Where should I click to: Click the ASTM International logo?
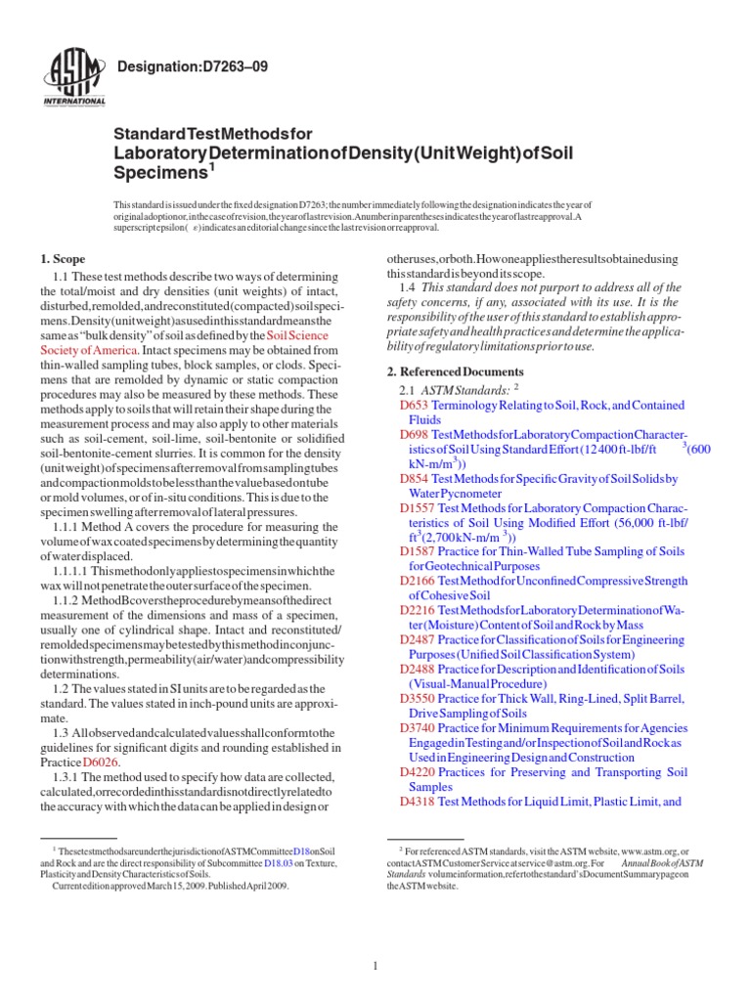coord(75,77)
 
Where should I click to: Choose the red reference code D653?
coord(415,405)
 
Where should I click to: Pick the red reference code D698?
coord(415,433)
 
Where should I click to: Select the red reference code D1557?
coord(419,508)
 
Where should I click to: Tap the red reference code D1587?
coord(419,552)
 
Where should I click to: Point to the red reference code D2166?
coord(419,581)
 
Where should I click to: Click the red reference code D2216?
coord(419,611)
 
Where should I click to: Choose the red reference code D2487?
coord(419,640)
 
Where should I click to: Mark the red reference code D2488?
coord(419,670)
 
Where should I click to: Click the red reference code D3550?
coord(419,699)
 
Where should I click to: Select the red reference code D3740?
coord(419,728)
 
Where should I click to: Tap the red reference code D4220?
coord(419,772)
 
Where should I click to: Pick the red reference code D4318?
coord(419,802)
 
